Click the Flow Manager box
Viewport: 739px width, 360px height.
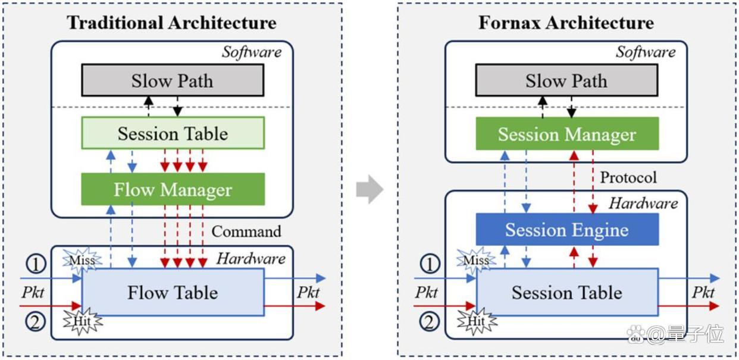click(173, 189)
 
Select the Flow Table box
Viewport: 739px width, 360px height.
click(173, 292)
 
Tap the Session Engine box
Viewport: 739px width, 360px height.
click(567, 229)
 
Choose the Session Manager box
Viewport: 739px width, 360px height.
click(567, 134)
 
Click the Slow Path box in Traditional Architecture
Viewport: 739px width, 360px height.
click(173, 80)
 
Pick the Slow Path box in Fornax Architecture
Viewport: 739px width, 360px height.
click(567, 80)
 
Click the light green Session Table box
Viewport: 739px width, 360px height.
click(173, 133)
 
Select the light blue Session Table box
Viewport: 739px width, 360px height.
click(567, 292)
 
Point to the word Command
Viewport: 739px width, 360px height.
click(246, 231)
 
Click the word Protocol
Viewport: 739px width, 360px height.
click(628, 177)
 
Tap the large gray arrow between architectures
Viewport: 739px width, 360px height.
click(370, 189)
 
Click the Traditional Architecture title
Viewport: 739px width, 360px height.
click(171, 23)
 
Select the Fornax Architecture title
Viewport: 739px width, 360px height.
click(566, 23)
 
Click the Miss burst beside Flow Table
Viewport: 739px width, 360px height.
click(82, 260)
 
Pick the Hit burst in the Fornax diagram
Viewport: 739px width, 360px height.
click(477, 321)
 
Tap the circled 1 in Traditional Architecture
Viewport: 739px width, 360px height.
click(36, 264)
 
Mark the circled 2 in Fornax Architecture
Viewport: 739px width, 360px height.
click(429, 322)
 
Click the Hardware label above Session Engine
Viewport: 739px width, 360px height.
click(643, 204)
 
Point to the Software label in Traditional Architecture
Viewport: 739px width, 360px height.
click(252, 52)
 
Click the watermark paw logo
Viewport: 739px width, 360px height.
click(637, 334)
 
